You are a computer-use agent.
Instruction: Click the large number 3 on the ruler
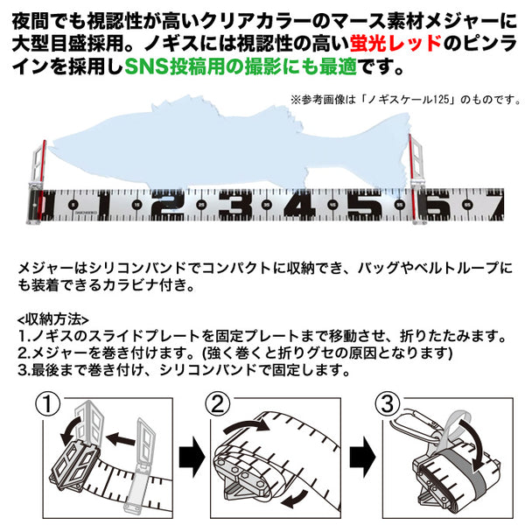click(228, 206)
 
